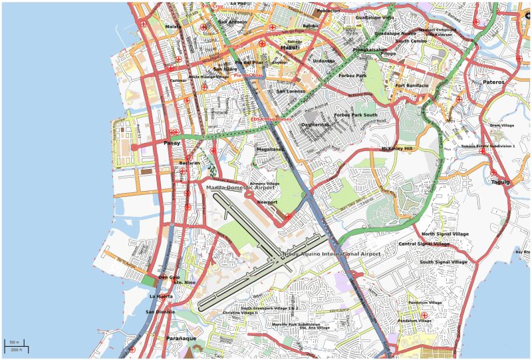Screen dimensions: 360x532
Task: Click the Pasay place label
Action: click(172, 143)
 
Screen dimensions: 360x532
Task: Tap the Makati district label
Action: click(289, 48)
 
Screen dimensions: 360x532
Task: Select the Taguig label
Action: click(500, 182)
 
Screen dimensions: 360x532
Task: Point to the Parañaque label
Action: click(181, 338)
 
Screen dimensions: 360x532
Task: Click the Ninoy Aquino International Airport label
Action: click(331, 254)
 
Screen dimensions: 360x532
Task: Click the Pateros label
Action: click(493, 82)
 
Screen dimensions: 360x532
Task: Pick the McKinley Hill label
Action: click(397, 148)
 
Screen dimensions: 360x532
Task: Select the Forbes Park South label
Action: click(356, 115)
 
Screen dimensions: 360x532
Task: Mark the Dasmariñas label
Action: click(315, 124)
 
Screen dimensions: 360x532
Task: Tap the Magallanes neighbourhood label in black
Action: click(270, 149)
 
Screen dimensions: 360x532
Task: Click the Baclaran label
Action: click(190, 162)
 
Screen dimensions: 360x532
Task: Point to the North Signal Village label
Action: click(445, 234)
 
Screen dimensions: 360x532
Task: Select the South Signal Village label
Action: click(444, 262)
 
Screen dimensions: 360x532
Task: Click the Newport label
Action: click(267, 202)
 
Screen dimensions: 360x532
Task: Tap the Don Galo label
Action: click(169, 277)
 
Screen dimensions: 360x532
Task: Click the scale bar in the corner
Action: click(16, 346)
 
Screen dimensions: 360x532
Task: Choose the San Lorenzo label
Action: click(291, 91)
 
